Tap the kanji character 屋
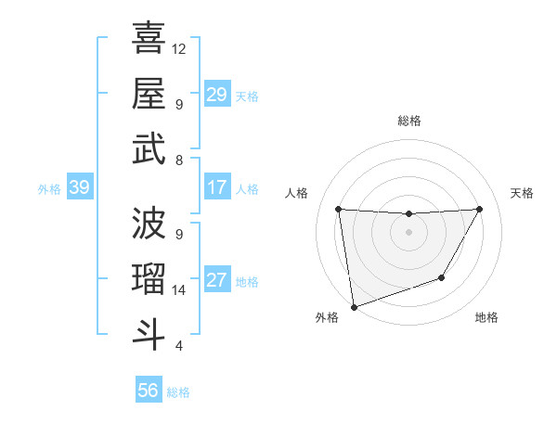pyautogui.click(x=149, y=93)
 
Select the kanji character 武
pyautogui.click(x=149, y=149)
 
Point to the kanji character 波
pyautogui.click(x=149, y=223)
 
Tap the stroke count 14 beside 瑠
pyautogui.click(x=179, y=290)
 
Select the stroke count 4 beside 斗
pyautogui.click(x=178, y=347)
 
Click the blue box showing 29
pyautogui.click(x=216, y=95)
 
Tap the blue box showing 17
pyautogui.click(x=216, y=187)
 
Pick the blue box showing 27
pyautogui.click(x=216, y=281)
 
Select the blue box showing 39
pyautogui.click(x=79, y=188)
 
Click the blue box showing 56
pyautogui.click(x=149, y=391)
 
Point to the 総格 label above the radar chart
pyautogui.click(x=408, y=121)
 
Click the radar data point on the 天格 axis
pyautogui.click(x=479, y=209)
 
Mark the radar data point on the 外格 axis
pyautogui.click(x=354, y=306)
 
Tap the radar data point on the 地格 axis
pyautogui.click(x=442, y=277)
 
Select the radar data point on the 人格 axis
pyautogui.click(x=339, y=210)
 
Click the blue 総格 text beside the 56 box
pyautogui.click(x=178, y=392)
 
